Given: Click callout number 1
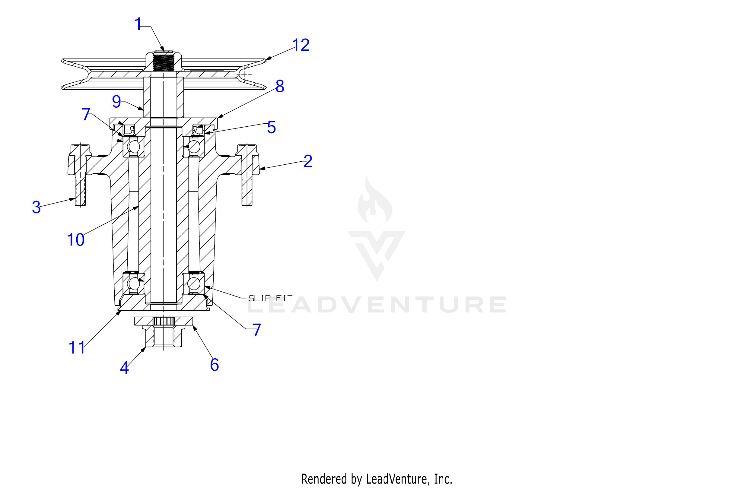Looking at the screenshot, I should [x=138, y=24].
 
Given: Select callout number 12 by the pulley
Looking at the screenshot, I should [x=301, y=45].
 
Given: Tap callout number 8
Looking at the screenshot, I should [x=280, y=87].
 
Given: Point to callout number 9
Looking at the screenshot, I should [x=116, y=102].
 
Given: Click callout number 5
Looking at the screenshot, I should [x=272, y=127].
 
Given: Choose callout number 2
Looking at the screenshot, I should [x=308, y=161].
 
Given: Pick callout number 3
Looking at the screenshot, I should [x=37, y=208].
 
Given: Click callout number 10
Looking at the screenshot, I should [x=76, y=240].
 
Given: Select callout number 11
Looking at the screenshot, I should [x=77, y=348].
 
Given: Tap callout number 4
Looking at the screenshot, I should [x=125, y=368].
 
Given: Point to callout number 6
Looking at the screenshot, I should [x=215, y=365].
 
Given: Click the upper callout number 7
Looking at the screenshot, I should [x=86, y=114].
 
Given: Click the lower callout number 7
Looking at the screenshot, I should [x=256, y=330].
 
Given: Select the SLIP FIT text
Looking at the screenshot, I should [x=270, y=298].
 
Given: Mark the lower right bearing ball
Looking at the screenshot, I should [x=194, y=283].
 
